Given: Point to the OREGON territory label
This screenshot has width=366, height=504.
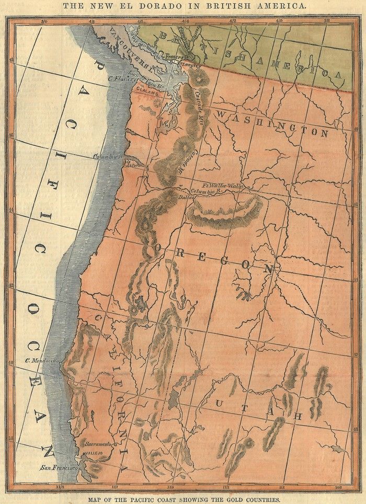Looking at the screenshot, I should [215, 258].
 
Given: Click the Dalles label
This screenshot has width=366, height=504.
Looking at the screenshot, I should [186, 198].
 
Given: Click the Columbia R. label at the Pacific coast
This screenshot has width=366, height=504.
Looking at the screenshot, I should [107, 156].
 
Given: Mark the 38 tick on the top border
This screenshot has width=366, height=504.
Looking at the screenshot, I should [326, 22].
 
